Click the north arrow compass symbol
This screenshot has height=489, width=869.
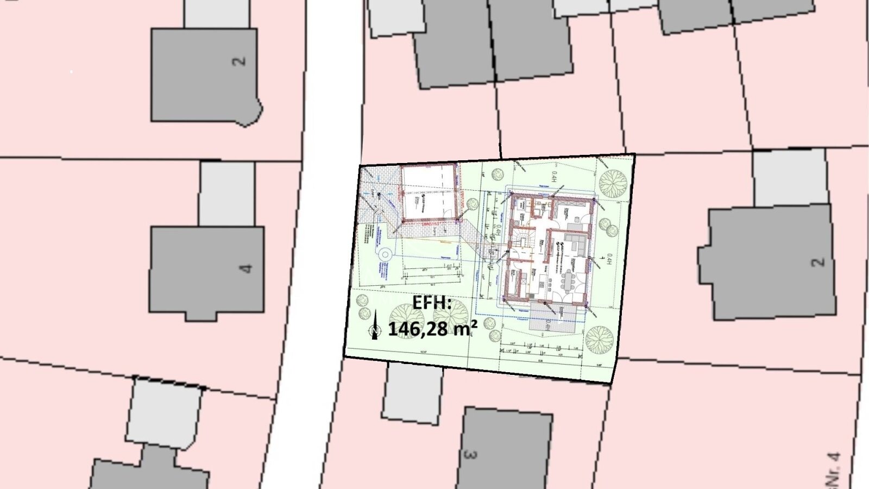pos(374,325)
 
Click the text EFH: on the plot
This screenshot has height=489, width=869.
pos(432,303)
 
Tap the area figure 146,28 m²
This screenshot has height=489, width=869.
pos(432,328)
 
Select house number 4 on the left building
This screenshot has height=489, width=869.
pos(247,268)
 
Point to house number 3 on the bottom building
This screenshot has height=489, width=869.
pos(470,453)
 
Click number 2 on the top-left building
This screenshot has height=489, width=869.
pos(240,61)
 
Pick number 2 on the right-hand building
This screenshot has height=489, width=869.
pos(817,262)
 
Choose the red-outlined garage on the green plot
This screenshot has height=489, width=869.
pos(429,193)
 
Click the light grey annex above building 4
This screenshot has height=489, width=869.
pos(226,193)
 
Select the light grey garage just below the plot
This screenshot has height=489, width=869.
pos(412,393)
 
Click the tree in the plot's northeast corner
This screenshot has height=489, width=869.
pos(613,183)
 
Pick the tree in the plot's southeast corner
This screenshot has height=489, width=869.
pos(599,340)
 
